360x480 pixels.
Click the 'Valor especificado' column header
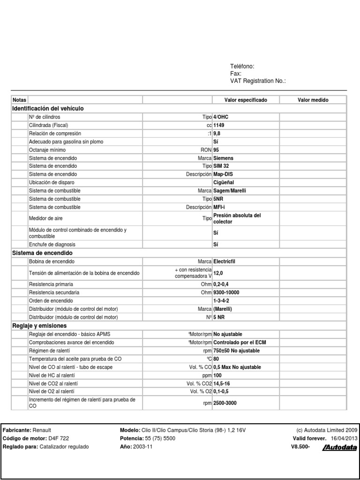click(x=246, y=100)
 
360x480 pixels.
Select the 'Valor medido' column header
click(x=313, y=100)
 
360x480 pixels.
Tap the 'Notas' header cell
click(x=20, y=100)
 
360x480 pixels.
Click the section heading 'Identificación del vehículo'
click(x=48, y=108)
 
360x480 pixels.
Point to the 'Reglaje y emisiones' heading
click(x=40, y=325)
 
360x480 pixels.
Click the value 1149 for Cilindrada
click(x=219, y=125)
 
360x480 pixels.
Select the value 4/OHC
click(x=221, y=117)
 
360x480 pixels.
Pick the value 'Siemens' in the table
click(x=223, y=158)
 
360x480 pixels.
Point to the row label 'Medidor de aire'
click(x=46, y=218)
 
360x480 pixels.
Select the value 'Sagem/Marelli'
click(x=229, y=191)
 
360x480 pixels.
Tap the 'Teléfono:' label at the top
click(x=242, y=67)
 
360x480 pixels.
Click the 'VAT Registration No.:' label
click(x=258, y=81)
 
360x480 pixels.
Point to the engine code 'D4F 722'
click(x=59, y=438)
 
